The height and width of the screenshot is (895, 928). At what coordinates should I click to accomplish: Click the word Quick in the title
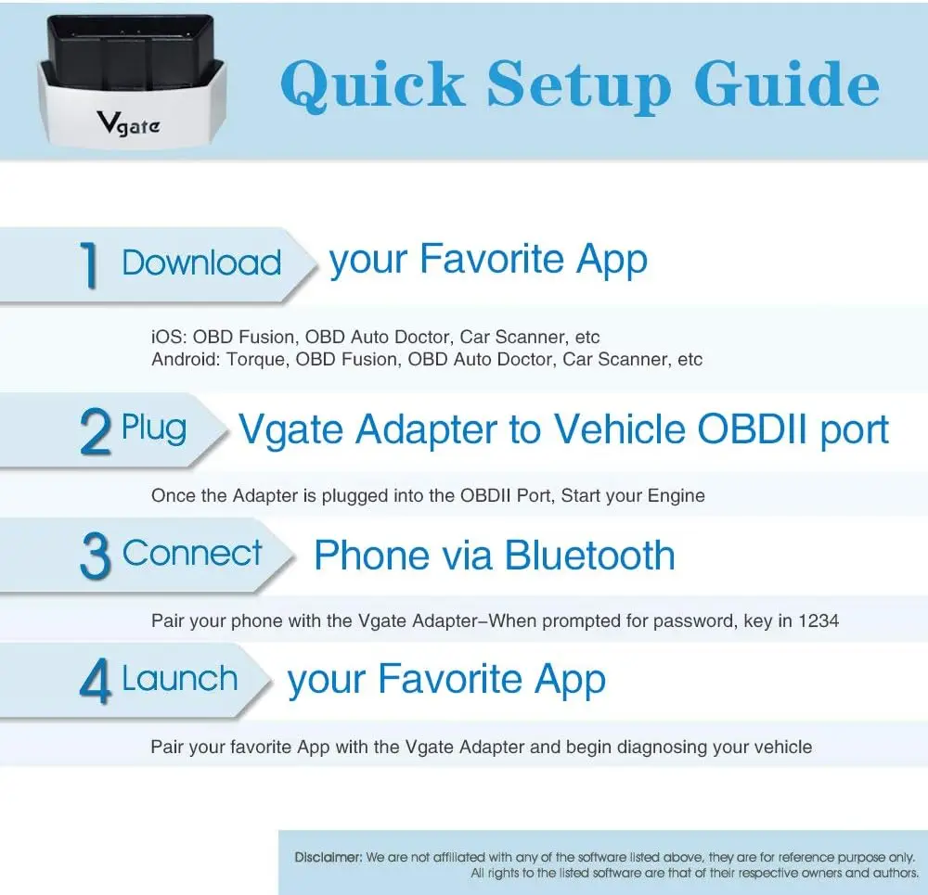tap(372, 84)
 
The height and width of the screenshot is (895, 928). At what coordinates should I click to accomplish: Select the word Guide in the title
tap(787, 84)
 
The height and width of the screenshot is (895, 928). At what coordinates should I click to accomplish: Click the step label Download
tap(201, 262)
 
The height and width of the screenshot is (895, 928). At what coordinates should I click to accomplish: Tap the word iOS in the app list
tap(167, 337)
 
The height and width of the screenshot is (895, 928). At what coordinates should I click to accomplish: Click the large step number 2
tap(96, 432)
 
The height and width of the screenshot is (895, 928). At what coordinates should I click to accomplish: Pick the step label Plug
tap(154, 428)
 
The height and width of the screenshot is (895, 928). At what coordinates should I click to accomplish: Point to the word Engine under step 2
tap(674, 495)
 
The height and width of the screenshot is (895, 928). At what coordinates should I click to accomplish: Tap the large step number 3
tap(96, 556)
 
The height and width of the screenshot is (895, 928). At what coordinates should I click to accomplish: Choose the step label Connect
tap(193, 554)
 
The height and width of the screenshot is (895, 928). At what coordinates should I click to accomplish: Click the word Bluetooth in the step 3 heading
tap(589, 555)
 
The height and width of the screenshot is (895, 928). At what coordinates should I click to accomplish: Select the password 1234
tap(819, 620)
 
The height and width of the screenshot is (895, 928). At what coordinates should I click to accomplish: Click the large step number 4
tap(96, 683)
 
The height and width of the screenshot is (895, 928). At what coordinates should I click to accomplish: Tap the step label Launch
tap(180, 679)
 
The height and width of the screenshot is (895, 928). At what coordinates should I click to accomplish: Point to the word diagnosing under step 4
tap(662, 747)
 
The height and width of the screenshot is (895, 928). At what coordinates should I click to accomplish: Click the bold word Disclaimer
tap(328, 857)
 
